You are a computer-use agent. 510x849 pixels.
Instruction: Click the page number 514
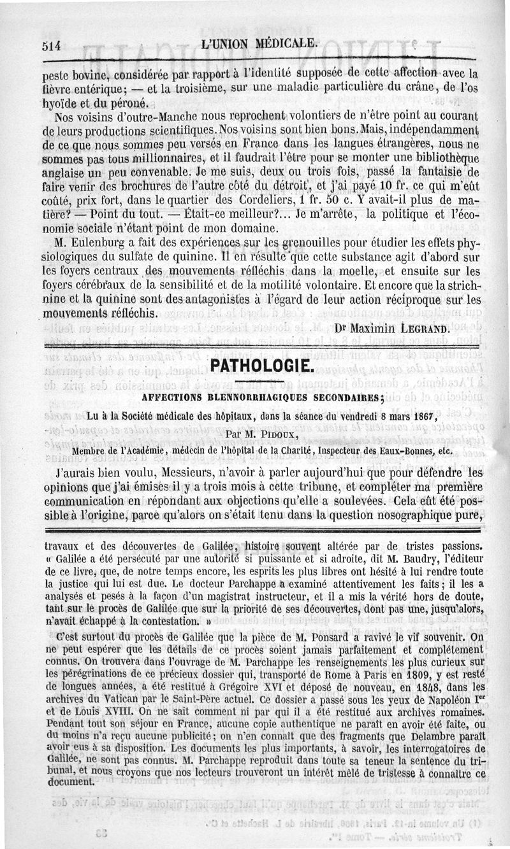50,45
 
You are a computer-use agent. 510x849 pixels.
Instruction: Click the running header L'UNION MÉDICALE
258,43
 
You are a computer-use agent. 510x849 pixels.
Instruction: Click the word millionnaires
144,159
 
